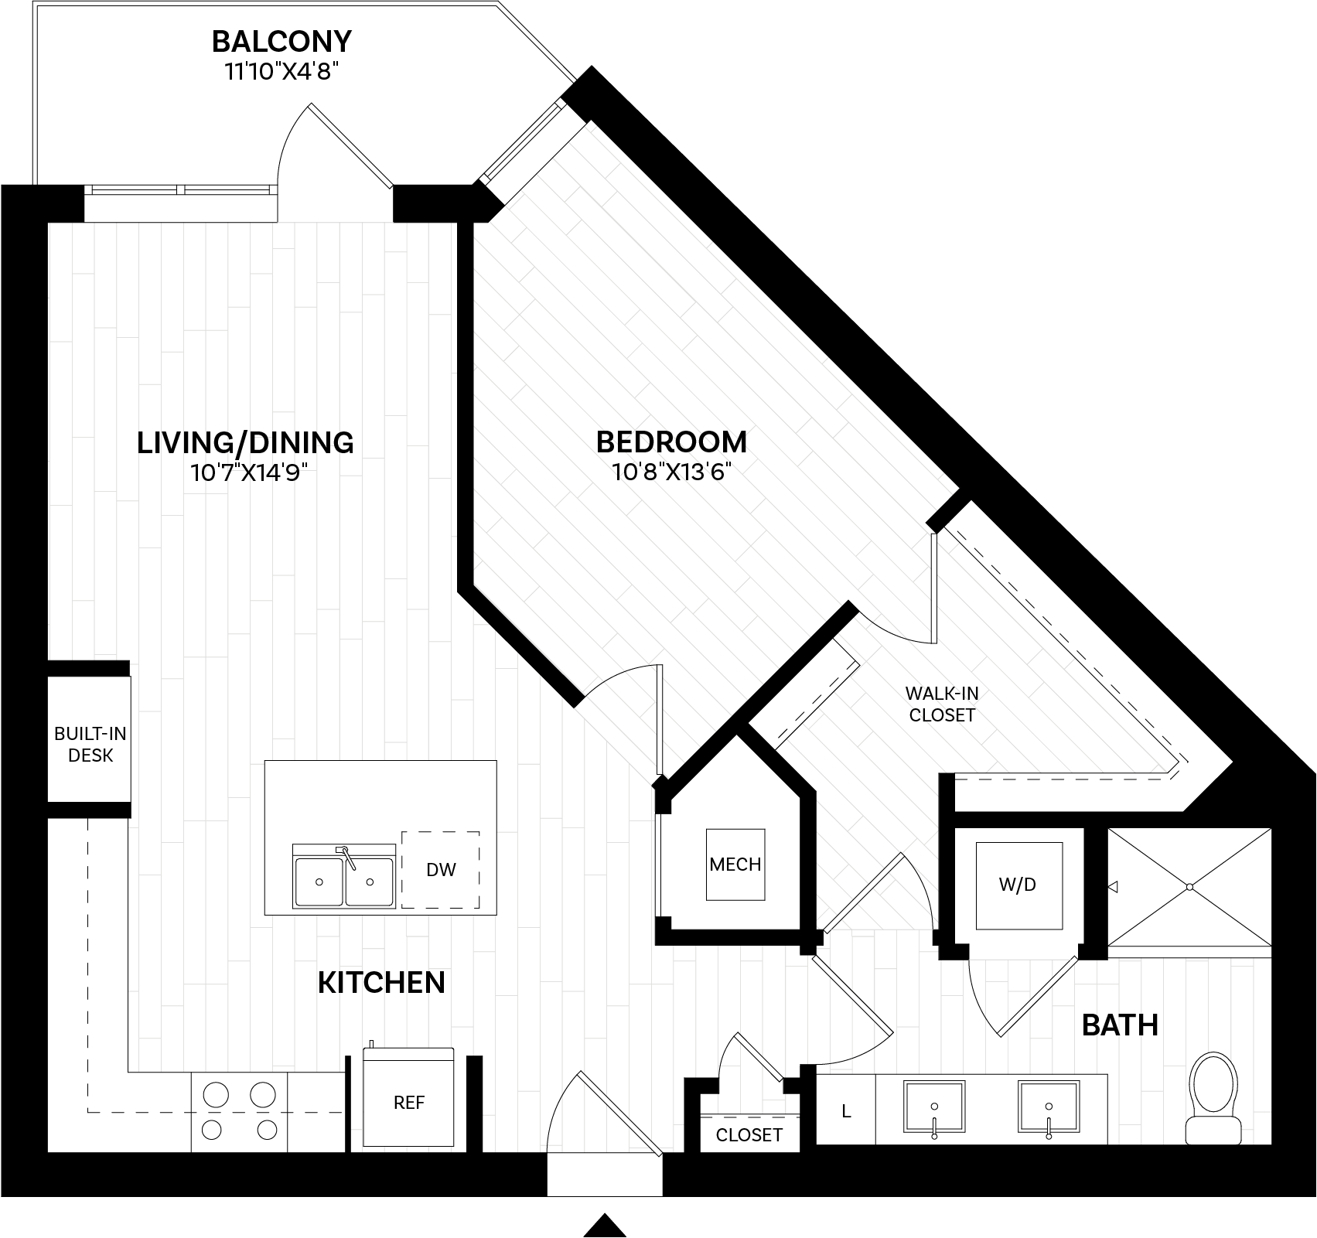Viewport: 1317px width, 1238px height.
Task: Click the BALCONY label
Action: point(281,39)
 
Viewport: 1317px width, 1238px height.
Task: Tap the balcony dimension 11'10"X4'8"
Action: point(281,72)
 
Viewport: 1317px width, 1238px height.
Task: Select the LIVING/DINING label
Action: point(245,442)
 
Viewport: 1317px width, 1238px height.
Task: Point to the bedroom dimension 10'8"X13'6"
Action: point(671,472)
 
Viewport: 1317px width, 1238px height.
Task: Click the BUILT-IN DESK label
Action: point(90,745)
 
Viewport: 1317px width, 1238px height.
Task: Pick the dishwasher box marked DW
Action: point(440,870)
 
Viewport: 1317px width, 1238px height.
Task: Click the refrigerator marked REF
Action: point(408,1103)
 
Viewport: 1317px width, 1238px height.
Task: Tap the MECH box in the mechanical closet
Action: point(735,864)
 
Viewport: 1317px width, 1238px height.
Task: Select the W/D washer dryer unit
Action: point(1017,885)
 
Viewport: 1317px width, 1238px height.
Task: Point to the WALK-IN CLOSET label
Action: point(942,704)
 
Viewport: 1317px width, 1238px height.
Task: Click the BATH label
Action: point(1119,1025)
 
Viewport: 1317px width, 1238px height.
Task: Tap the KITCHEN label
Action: point(381,983)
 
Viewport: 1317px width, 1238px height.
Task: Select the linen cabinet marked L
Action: point(846,1112)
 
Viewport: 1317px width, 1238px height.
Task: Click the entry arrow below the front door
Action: point(604,1224)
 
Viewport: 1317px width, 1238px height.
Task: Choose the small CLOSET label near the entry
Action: point(749,1135)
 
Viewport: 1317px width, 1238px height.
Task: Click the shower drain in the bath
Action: point(1189,886)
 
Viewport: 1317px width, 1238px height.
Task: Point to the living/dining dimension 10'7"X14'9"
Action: point(245,472)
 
